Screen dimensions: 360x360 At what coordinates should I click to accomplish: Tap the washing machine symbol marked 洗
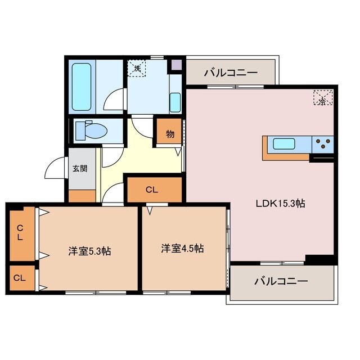click(137, 68)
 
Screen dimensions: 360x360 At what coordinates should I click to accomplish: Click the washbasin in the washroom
click(175, 102)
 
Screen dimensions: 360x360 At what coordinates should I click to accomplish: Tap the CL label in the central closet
click(151, 190)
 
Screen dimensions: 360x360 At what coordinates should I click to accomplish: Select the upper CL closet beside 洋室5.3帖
click(20, 233)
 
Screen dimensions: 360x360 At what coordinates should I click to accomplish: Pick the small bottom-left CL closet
click(20, 278)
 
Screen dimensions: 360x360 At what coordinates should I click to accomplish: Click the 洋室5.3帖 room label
click(89, 251)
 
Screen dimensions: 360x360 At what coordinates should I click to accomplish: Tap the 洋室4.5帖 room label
click(182, 248)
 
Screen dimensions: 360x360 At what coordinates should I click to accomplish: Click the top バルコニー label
click(231, 73)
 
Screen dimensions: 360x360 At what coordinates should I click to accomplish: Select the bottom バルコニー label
click(281, 281)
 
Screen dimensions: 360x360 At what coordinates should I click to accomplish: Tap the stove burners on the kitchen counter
click(323, 144)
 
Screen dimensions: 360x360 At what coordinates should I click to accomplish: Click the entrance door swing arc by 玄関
click(55, 168)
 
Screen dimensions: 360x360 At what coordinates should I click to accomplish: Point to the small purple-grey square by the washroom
click(177, 64)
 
